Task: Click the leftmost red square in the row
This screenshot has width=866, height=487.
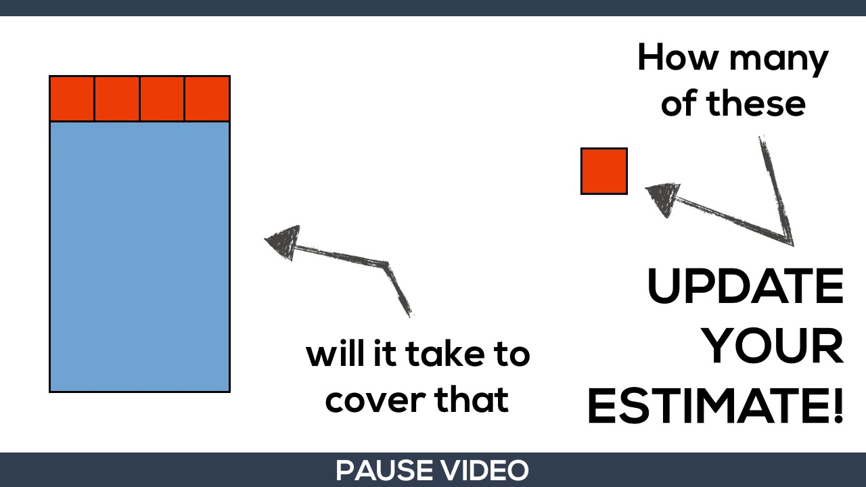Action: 72,99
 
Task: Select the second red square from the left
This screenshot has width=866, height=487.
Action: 117,99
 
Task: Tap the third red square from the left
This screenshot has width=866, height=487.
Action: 162,99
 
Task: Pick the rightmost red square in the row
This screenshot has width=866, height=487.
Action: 207,99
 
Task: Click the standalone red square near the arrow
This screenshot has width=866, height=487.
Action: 604,171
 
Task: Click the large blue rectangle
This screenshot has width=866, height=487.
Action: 139,256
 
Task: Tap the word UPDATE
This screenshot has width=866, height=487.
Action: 745,287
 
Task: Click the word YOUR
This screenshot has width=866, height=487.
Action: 772,346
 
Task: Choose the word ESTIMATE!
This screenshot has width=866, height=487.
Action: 716,406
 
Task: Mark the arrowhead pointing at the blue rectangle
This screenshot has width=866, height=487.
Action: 283,241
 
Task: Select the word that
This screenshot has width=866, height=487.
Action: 472,400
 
